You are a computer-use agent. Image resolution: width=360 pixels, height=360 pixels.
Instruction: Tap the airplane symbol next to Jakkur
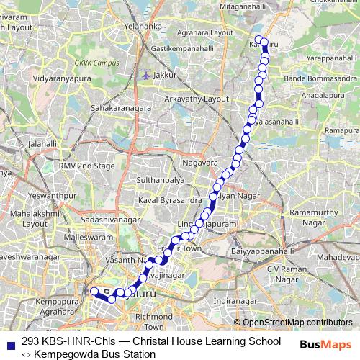click(x=147, y=74)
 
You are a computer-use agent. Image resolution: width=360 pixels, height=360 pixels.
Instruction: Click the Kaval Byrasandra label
click(x=169, y=199)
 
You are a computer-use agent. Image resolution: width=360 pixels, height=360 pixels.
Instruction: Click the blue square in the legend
click(x=11, y=341)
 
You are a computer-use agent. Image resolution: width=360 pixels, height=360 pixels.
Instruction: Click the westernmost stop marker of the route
click(x=93, y=292)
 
